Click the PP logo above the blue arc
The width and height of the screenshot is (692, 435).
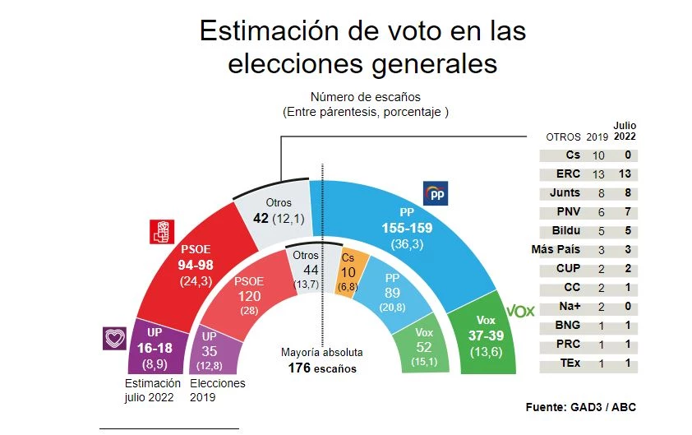(x=434, y=194)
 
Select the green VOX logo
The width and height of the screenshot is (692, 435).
(x=519, y=311)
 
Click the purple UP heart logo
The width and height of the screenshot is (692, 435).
(x=113, y=338)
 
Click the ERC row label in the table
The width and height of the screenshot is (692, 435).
(x=567, y=174)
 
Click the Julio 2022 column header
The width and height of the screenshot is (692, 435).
(x=625, y=131)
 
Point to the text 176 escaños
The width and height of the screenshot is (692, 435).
(x=323, y=368)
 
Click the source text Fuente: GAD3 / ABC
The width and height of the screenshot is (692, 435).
(x=580, y=407)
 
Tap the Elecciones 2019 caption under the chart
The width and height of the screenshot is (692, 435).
(x=218, y=390)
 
